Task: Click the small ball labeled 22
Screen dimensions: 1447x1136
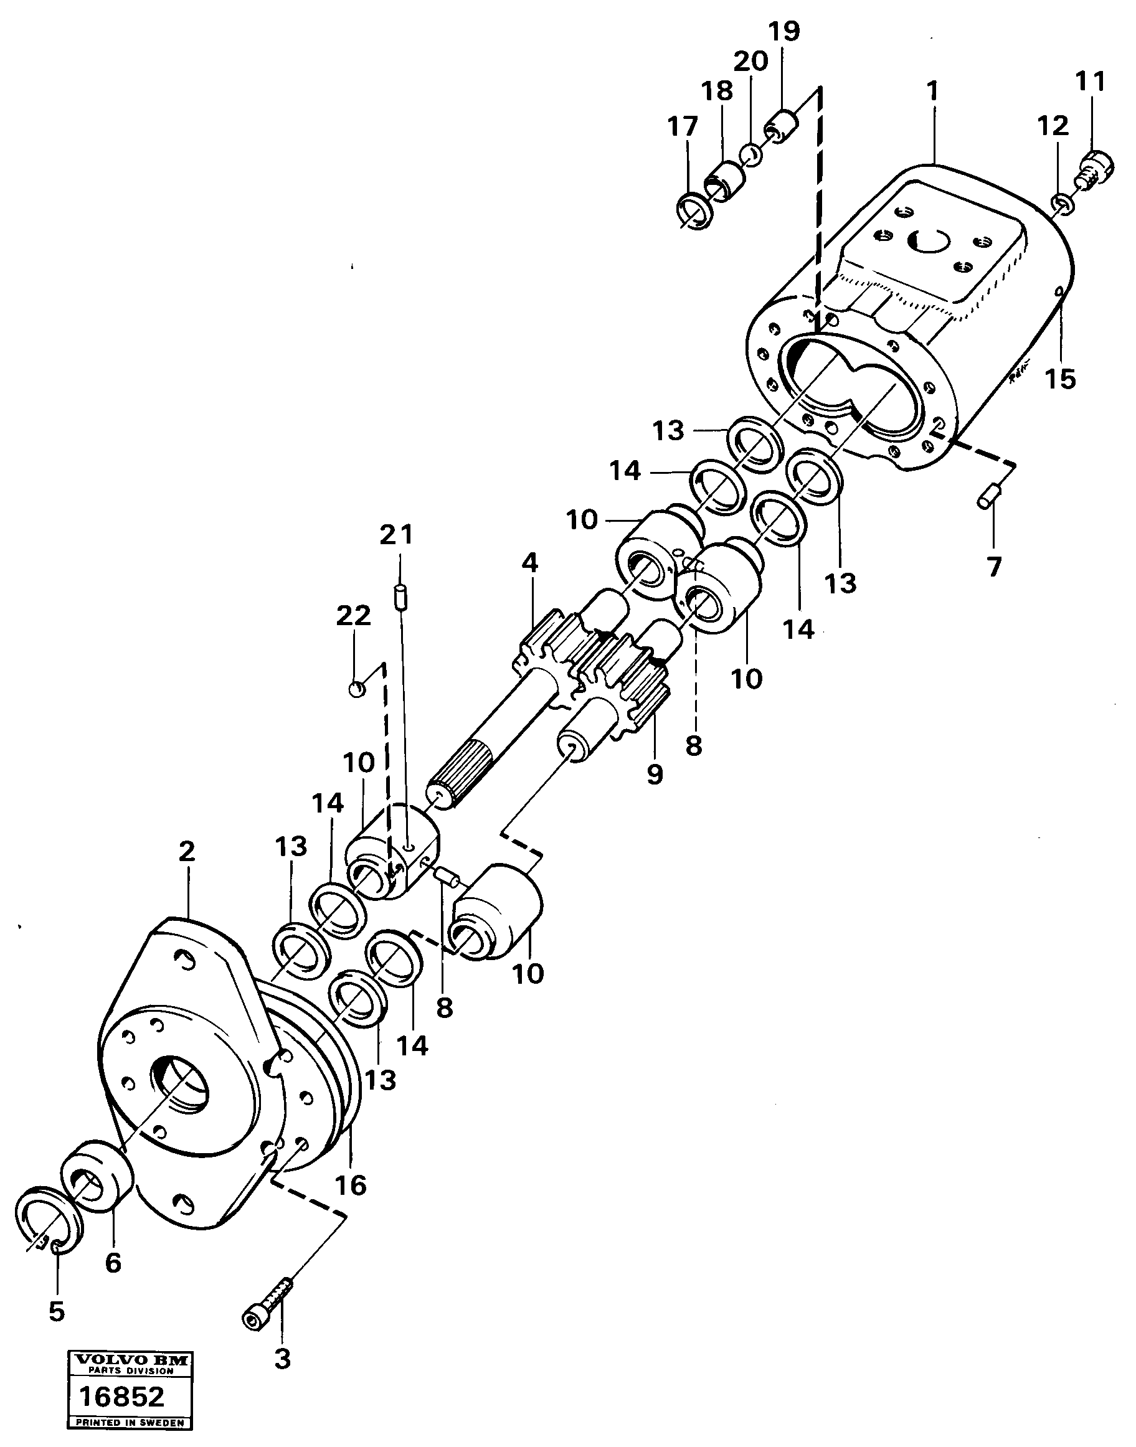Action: (x=357, y=688)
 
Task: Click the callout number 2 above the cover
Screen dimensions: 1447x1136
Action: (x=187, y=851)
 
